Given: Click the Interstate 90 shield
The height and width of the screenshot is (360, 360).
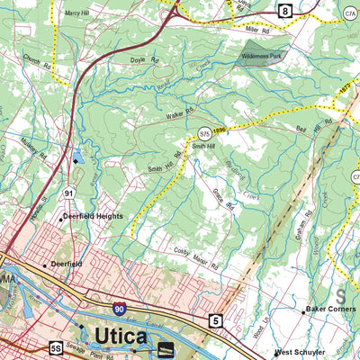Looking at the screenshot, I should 119,309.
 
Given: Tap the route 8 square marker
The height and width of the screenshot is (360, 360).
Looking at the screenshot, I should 285,11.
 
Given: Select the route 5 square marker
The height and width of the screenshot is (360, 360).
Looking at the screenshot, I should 215,319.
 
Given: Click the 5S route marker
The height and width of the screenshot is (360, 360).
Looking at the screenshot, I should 57,347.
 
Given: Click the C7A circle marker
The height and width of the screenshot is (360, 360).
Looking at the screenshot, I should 350,13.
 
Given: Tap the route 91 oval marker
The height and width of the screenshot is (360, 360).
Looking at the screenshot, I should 69,193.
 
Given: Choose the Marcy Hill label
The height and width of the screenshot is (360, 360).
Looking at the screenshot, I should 82,13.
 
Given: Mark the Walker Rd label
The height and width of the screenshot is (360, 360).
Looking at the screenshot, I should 180,116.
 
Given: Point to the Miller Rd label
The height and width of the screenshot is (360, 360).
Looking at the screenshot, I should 257,31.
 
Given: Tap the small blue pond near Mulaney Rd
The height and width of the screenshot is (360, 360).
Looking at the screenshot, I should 77,158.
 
